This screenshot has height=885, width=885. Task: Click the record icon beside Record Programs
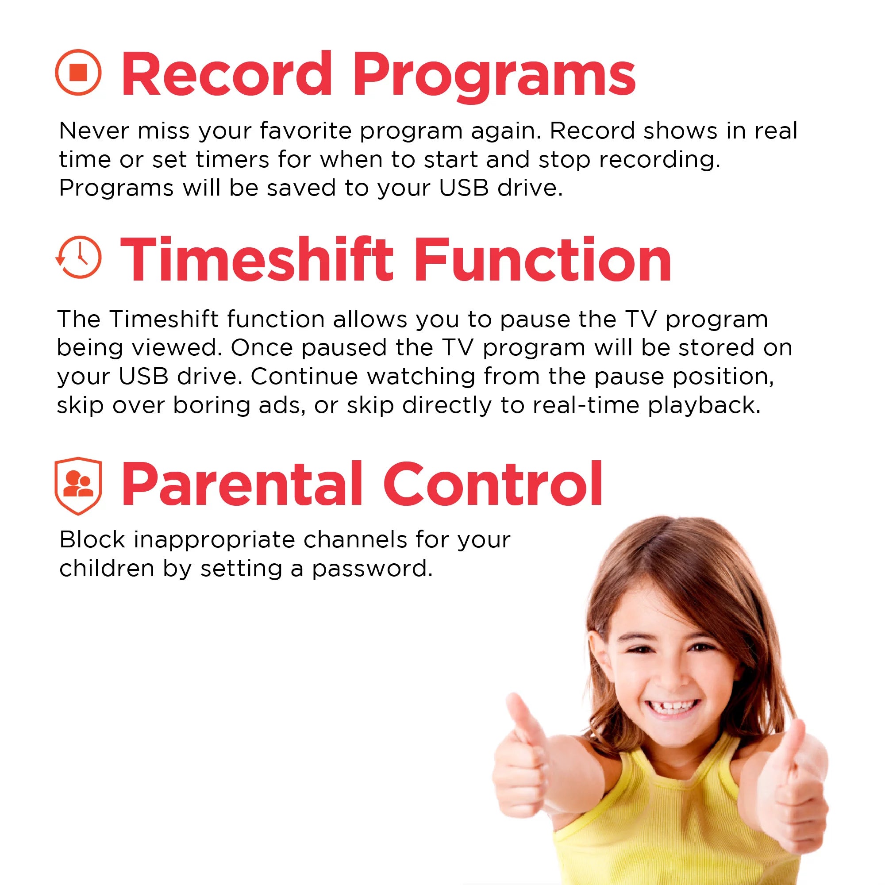coord(78,73)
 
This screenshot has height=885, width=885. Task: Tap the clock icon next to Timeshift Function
coord(78,258)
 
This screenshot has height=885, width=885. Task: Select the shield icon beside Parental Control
coord(78,485)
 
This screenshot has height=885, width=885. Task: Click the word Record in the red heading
coord(226,74)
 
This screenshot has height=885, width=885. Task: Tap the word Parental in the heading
coord(242,484)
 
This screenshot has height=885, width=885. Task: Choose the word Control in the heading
coord(493,484)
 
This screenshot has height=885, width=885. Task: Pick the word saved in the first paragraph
coord(301,188)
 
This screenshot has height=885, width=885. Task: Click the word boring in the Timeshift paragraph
coord(211,405)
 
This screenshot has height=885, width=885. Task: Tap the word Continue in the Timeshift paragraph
coord(304,377)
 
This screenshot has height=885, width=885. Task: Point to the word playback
coord(704,405)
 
